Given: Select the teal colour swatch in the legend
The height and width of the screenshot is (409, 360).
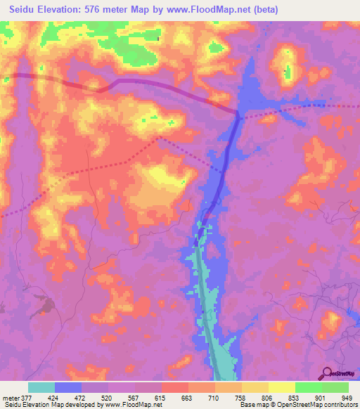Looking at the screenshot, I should coord(41,387).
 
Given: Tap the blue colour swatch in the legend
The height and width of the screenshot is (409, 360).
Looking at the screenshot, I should coord(67,387).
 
